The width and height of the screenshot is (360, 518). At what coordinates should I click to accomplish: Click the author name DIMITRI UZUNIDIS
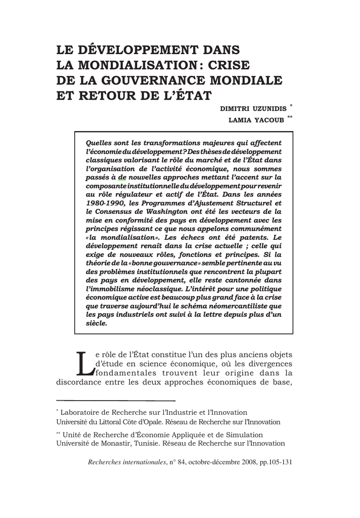coord(253,109)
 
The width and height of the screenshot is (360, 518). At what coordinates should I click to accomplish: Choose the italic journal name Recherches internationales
coord(127,462)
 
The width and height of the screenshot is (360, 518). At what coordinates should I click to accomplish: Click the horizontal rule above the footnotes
coord(115,400)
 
